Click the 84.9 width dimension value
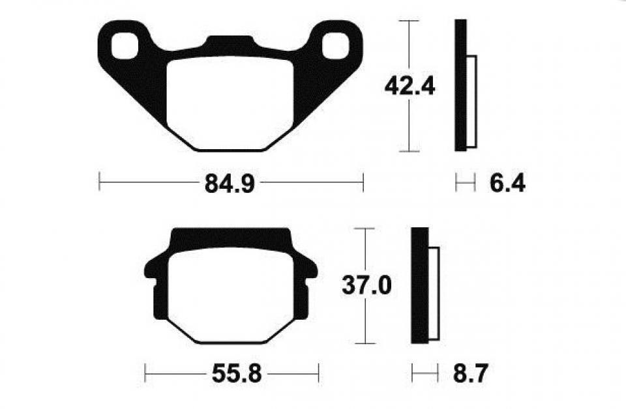[230, 184]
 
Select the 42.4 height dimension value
[410, 87]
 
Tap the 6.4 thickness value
[507, 184]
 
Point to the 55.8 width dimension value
[237, 374]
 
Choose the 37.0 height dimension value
[366, 286]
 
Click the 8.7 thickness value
[470, 374]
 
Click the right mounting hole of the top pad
[335, 46]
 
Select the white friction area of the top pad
[230, 104]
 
